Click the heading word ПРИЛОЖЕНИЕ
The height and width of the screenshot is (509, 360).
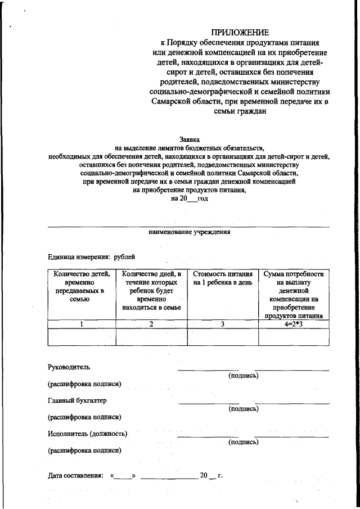click(240, 32)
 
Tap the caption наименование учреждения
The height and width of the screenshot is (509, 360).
click(189, 232)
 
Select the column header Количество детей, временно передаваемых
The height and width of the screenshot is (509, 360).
click(81, 287)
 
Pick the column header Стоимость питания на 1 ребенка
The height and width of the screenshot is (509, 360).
click(222, 278)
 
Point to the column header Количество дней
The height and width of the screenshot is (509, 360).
click(151, 291)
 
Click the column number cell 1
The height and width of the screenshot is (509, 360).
click(81, 324)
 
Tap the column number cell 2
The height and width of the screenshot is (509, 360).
click(151, 324)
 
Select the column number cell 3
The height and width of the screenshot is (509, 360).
click(222, 324)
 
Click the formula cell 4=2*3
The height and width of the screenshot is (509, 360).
click(294, 324)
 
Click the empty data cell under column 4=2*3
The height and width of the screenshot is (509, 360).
click(294, 336)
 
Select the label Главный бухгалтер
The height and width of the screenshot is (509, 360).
click(77, 401)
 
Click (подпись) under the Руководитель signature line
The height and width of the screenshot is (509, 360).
click(243, 376)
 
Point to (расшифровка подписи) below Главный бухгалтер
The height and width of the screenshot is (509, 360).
click(84, 417)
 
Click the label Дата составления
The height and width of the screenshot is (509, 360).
click(75, 476)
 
